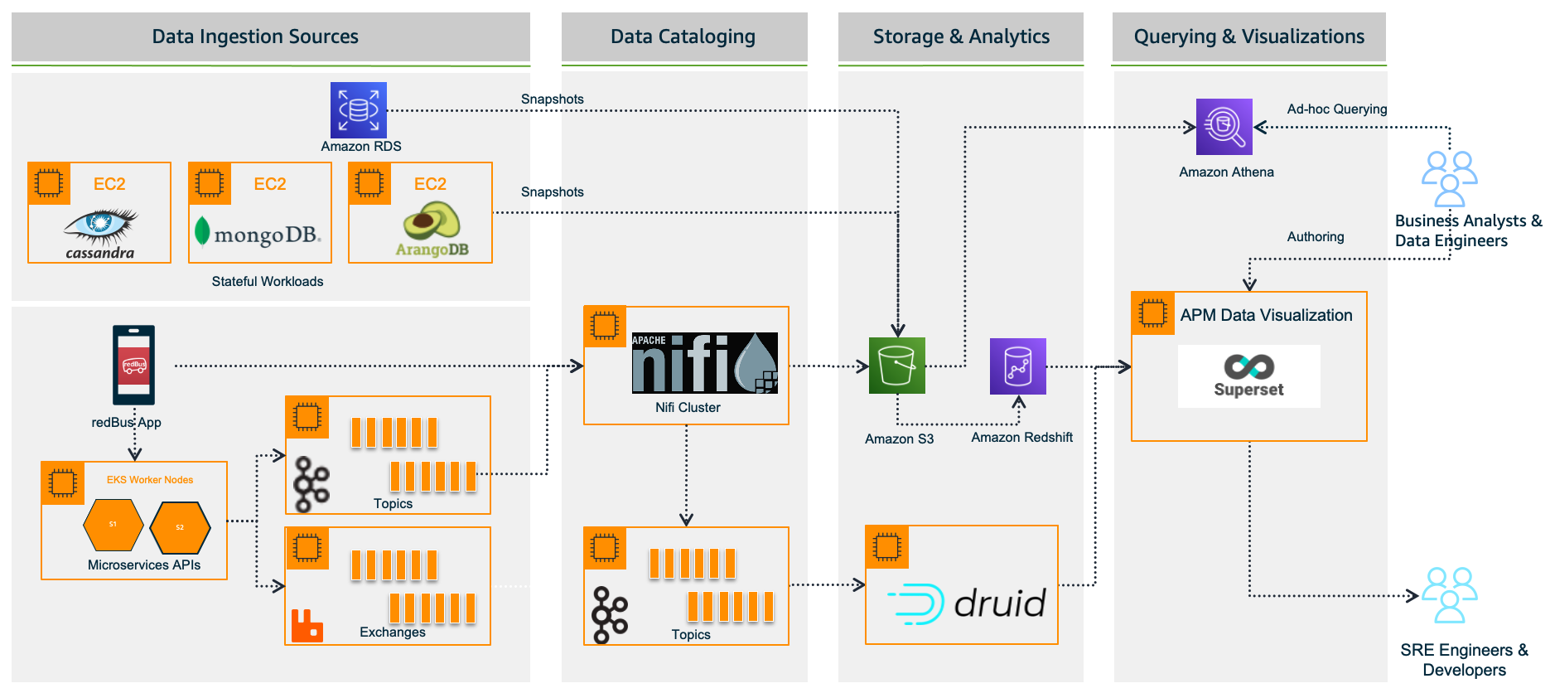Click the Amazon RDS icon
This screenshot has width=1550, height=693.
point(358,110)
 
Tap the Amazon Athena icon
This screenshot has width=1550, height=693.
point(1224,127)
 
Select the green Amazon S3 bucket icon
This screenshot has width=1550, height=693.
point(896,366)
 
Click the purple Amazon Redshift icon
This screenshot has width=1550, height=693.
point(1017,366)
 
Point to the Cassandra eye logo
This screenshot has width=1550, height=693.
point(101,224)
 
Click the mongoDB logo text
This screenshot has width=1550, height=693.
point(266,235)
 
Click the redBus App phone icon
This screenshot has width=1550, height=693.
point(134,365)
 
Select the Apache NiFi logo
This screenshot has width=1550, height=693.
point(704,363)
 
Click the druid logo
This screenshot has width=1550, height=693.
point(966,603)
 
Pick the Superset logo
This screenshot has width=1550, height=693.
point(1248,376)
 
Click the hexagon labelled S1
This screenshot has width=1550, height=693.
point(113,525)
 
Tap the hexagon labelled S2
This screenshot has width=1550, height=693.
point(180,527)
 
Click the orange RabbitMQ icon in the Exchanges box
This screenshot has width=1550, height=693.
point(307,626)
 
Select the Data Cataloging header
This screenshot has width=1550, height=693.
point(683,36)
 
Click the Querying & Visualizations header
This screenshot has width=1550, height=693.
point(1248,36)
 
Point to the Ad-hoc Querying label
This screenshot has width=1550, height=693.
point(1336,109)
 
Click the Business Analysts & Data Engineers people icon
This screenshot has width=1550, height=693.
point(1449,178)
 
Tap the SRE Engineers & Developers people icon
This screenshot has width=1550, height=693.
point(1449,595)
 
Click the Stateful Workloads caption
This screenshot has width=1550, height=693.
point(268,282)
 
